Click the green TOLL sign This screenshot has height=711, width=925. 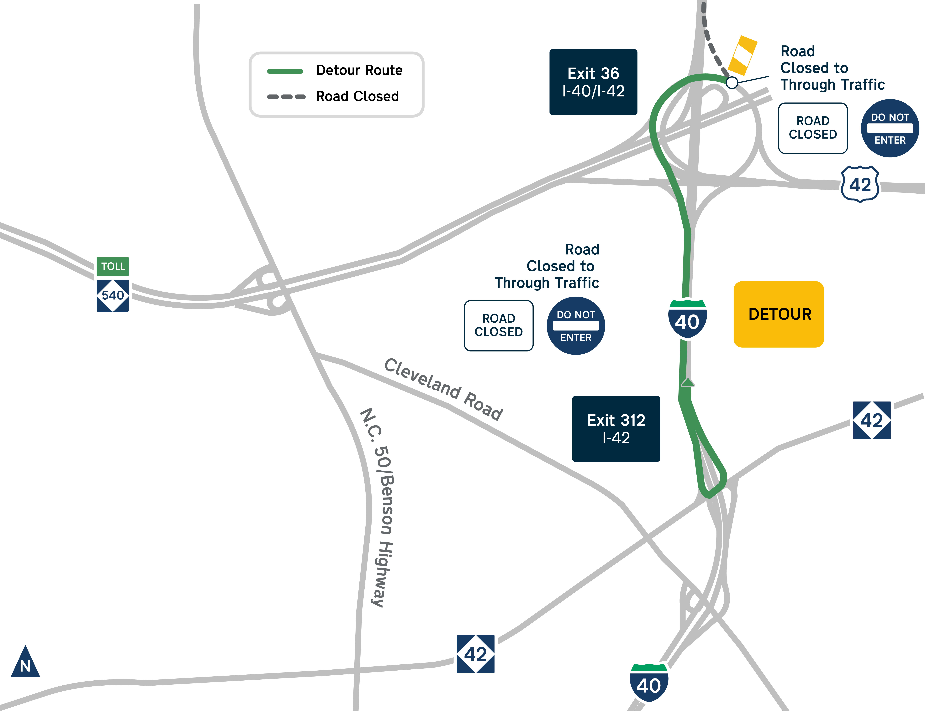(113, 266)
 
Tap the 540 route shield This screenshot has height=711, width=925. (113, 295)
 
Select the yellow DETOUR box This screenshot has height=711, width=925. (778, 314)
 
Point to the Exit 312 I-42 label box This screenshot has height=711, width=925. (616, 429)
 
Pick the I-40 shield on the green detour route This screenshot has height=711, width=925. (687, 319)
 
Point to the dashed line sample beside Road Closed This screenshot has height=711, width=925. (286, 96)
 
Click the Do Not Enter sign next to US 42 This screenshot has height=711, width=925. (890, 128)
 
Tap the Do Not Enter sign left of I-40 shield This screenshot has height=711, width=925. (576, 325)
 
